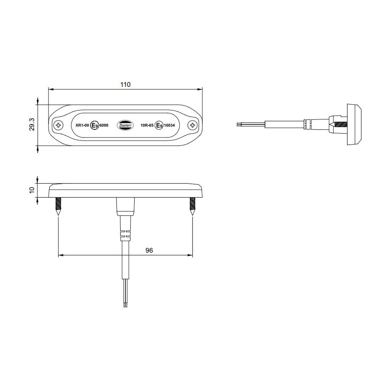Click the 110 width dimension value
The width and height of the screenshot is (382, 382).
coord(125,84)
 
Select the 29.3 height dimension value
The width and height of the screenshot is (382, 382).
coord(32,125)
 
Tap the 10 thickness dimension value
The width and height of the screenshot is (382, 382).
coord(32,189)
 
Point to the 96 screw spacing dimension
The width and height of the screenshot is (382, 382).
coord(149,250)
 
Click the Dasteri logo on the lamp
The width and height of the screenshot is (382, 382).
coord(125,125)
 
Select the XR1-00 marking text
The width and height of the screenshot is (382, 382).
coord(82,125)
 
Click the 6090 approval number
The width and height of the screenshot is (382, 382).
coord(104,125)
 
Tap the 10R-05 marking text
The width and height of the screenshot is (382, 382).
coord(147,125)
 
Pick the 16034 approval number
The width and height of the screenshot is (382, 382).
coord(170,125)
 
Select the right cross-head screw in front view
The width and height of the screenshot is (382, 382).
coord(193,125)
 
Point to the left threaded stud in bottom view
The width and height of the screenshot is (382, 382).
coord(58,206)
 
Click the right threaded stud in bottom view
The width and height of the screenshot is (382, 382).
coord(193,206)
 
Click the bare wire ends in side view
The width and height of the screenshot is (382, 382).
coord(238,124)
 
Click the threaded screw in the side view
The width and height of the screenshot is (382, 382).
coord(339,125)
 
